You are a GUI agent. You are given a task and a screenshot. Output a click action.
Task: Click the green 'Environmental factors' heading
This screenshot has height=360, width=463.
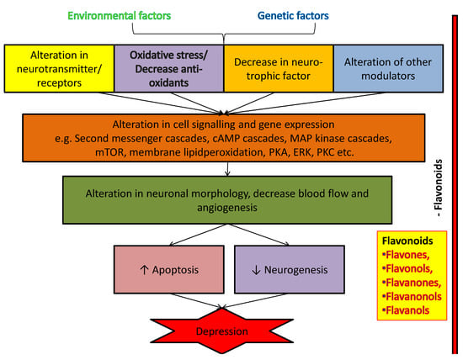click(120, 16)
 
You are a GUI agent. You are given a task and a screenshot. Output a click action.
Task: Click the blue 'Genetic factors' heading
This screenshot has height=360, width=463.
click(293, 16)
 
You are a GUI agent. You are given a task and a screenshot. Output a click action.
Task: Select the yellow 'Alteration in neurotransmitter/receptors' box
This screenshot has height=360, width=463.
click(59, 68)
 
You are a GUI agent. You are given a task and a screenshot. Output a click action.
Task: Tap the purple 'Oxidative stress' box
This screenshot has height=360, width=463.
click(168, 68)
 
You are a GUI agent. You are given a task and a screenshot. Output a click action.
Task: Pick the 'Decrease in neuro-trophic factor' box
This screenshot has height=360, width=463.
click(279, 68)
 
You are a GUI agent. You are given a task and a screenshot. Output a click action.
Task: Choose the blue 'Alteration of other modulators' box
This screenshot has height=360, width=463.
click(388, 68)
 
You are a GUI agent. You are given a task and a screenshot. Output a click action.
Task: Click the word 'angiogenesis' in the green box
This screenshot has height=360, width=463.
click(227, 208)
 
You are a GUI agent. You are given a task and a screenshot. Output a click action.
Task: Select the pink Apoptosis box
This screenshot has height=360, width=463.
click(169, 269)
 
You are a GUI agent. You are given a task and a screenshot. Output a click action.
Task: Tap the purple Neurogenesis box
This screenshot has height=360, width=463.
click(290, 269)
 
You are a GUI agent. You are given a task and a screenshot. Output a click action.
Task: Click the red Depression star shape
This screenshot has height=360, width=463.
click(221, 331)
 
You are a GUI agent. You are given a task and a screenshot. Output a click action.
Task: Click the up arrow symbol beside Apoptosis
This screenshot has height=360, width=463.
click(144, 270)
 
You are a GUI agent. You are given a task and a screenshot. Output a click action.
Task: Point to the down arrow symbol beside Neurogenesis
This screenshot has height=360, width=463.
click(256, 270)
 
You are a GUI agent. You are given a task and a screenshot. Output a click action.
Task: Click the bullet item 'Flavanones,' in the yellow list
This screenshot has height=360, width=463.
click(412, 283)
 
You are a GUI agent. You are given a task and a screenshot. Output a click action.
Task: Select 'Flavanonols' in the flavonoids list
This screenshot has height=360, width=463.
click(412, 297)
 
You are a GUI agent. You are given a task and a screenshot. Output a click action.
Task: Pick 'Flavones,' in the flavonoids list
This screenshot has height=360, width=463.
click(406, 255)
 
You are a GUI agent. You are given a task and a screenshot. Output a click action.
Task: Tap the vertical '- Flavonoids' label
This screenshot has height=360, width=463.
click(439, 188)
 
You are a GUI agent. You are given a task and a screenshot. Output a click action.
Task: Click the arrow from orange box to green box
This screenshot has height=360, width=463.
click(227, 169)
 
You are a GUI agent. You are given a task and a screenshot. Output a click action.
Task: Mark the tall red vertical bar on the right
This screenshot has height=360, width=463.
click(455, 184)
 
